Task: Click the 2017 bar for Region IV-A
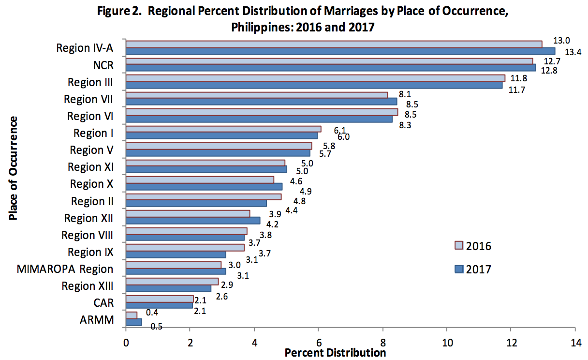tap(340, 51)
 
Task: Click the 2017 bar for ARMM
tap(134, 322)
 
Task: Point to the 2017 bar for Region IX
tap(176, 255)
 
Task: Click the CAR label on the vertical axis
tap(103, 303)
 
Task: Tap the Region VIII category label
tap(87, 235)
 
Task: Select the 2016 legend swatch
tap(459, 245)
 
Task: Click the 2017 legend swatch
tap(459, 269)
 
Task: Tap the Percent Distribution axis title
tap(335, 353)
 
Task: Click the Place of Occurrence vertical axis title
tap(13, 168)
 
